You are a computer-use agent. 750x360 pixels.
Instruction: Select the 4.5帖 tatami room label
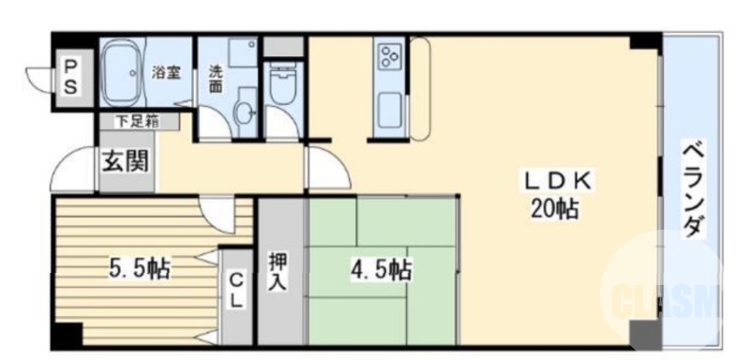pyautogui.click(x=381, y=270)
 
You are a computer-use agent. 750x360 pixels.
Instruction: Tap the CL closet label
pyautogui.click(x=236, y=291)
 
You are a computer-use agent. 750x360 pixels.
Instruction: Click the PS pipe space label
pyautogui.click(x=70, y=75)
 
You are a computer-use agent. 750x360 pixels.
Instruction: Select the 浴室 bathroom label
pyautogui.click(x=167, y=71)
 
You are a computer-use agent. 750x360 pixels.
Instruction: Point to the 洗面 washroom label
pyautogui.click(x=215, y=77)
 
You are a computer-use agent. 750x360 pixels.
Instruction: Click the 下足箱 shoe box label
pyautogui.click(x=137, y=120)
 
